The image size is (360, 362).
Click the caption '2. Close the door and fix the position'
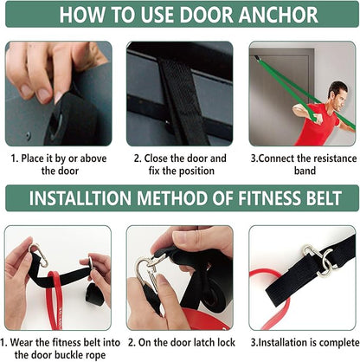(x=180, y=165)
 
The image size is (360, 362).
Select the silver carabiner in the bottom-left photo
(x=37, y=255)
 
